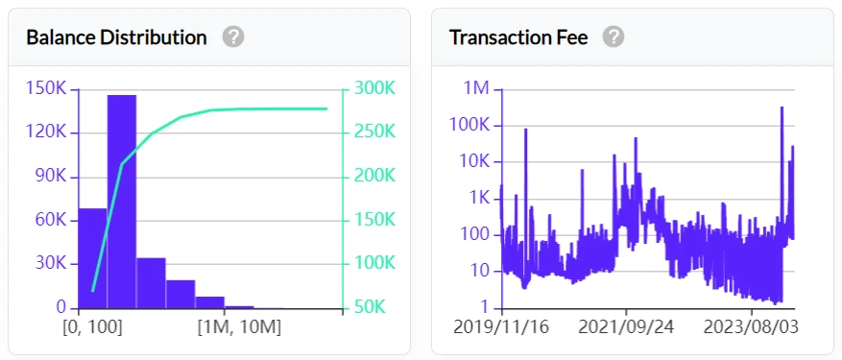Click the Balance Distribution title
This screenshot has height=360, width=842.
pos(116,37)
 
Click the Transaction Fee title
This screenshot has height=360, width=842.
pos(518,37)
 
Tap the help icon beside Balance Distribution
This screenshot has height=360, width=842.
pos(233,37)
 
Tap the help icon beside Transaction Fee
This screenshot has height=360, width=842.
pos(613,37)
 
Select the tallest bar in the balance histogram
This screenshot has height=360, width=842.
pos(121,202)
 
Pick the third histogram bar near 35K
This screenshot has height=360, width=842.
pos(151,282)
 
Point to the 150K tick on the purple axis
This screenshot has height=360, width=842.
pos(46,88)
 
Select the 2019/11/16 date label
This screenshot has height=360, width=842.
pos(500,327)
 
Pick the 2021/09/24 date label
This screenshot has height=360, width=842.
pos(626,327)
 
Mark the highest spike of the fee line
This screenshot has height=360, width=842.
pos(782,108)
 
